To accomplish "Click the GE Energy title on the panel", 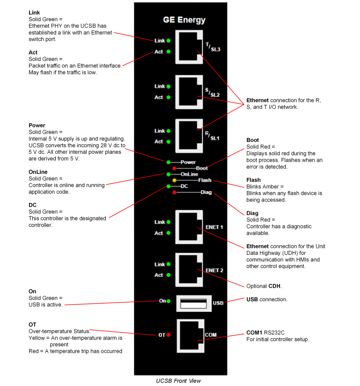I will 184,20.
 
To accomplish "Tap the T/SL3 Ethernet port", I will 189,46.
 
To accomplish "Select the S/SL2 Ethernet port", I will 189,91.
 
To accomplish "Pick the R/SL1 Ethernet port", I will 189,136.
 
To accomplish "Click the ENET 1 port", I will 189,227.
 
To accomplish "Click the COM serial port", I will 189,335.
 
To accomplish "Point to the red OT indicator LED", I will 169,335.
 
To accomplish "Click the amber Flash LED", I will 175,180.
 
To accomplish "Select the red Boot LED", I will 175,168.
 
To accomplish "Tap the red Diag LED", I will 175,193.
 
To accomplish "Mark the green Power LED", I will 169,162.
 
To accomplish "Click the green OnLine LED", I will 169,174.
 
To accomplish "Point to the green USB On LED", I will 169,301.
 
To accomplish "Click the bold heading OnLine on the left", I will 38,172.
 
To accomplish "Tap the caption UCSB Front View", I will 178,381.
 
